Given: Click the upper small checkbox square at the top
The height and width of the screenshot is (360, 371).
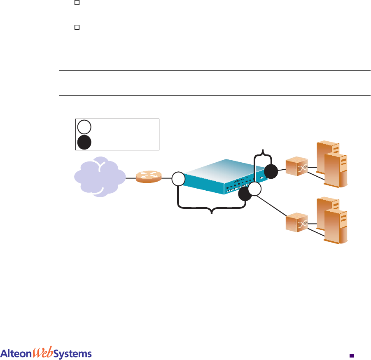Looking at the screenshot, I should tap(77, 3).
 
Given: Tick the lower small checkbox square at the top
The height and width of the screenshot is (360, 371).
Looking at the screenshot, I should tap(77, 27).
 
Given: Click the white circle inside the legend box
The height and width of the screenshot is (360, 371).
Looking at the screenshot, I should tap(84, 126).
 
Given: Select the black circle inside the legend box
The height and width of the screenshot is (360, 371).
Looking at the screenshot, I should tap(84, 142).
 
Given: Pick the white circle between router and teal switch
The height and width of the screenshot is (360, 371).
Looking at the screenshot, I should tap(178, 179).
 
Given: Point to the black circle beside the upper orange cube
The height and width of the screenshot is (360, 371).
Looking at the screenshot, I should tap(271, 171).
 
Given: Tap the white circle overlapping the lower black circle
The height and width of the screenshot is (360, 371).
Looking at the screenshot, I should tap(255, 189).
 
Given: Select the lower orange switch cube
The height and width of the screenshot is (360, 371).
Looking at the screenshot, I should tap(296, 223).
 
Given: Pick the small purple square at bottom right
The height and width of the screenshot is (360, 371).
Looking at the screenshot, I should tap(351, 354).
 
